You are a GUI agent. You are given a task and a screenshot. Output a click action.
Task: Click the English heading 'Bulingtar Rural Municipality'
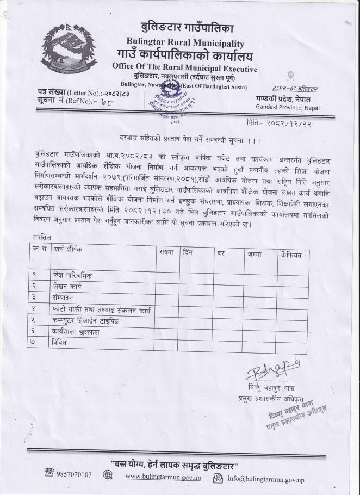coord(185,42)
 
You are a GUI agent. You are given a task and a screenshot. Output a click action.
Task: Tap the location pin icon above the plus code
coord(290,76)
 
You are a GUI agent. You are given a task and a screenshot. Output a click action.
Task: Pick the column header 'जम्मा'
coord(254,254)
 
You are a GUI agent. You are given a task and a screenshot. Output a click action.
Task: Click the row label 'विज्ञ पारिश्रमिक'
coord(72,275)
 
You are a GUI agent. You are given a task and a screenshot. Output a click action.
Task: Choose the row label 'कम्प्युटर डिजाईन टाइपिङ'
coord(86,320)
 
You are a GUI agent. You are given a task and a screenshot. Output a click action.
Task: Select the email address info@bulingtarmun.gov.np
coord(266,479)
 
